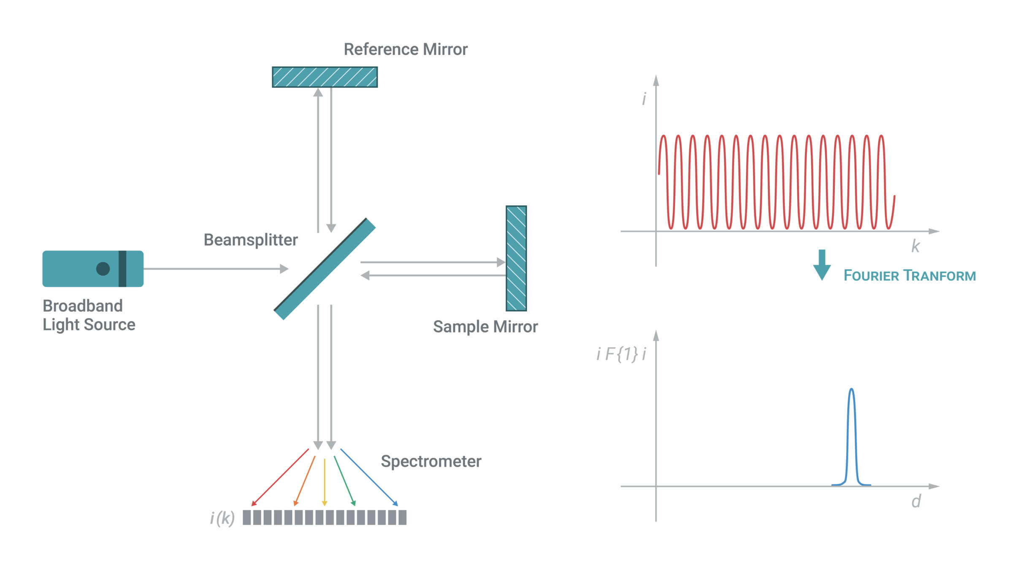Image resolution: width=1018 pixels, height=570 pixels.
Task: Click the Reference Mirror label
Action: pyautogui.click(x=406, y=49)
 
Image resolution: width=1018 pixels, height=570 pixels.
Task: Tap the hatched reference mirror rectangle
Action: pyautogui.click(x=325, y=77)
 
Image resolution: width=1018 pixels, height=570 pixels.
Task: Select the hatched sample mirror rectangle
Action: pyautogui.click(x=516, y=258)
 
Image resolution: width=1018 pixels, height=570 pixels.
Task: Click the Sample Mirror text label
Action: pyautogui.click(x=485, y=327)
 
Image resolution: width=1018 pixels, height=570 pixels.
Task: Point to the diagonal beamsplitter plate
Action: pyautogui.click(x=325, y=269)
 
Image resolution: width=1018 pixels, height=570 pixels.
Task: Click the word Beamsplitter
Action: pyautogui.click(x=251, y=240)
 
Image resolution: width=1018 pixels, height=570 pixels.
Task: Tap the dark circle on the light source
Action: pyautogui.click(x=103, y=269)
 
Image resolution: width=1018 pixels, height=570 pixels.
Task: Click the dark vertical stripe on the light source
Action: pyautogui.click(x=122, y=269)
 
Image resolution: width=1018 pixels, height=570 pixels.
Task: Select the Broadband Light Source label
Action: pyautogui.click(x=89, y=315)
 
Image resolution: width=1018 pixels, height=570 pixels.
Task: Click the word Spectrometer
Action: pyautogui.click(x=431, y=461)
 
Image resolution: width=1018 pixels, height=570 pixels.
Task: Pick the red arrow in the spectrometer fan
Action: pyautogui.click(x=280, y=477)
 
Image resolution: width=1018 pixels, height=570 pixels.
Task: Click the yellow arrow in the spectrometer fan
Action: pyautogui.click(x=325, y=482)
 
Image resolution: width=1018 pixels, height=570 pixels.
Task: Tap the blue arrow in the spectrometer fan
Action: pyautogui.click(x=369, y=477)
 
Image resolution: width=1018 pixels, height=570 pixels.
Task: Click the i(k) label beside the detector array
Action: pyautogui.click(x=222, y=518)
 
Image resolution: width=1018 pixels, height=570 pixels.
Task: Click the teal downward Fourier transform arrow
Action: pyautogui.click(x=822, y=265)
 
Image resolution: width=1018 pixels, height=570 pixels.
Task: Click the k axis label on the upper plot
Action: pyautogui.click(x=915, y=246)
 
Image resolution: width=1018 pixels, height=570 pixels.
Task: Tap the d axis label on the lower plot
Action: pyautogui.click(x=916, y=501)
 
